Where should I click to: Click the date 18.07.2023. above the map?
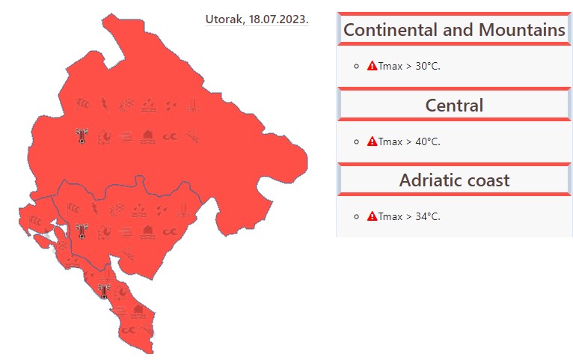279,19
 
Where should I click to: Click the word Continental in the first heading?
390,30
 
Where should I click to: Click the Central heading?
454,106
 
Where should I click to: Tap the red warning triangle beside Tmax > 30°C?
372,66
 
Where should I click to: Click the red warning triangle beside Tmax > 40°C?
372,141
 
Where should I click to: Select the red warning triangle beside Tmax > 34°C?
372,216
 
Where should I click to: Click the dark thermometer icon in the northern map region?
82,136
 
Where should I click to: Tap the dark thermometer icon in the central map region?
82,231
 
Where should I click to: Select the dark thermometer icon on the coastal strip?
105,291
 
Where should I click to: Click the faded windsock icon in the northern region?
82,105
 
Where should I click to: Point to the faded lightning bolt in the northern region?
105,105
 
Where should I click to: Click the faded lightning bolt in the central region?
95,209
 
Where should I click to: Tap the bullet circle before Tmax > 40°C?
357,141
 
